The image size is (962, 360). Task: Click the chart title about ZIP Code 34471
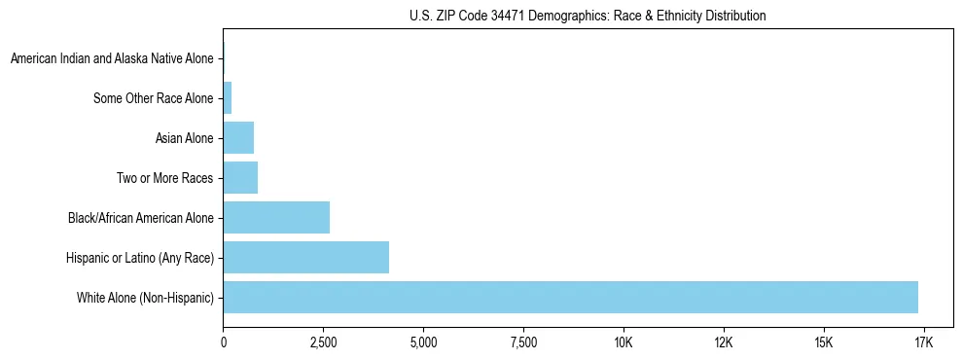pyautogui.click(x=587, y=16)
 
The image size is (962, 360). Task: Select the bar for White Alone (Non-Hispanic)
pyautogui.click(x=570, y=297)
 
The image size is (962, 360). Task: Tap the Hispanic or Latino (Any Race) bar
pyautogui.click(x=305, y=257)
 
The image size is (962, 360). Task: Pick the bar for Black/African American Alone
pyautogui.click(x=276, y=217)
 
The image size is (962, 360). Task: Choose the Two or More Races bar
pyautogui.click(x=240, y=177)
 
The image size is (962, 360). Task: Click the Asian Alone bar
pyautogui.click(x=238, y=138)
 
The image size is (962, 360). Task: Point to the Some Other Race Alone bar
pyautogui.click(x=228, y=97)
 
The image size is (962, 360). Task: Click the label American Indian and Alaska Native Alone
pyautogui.click(x=112, y=59)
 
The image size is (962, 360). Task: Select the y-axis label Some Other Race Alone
pyautogui.click(x=153, y=98)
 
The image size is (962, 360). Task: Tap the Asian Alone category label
pyautogui.click(x=184, y=138)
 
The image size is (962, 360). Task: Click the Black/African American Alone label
pyautogui.click(x=140, y=218)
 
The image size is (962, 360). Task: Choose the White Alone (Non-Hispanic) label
pyautogui.click(x=145, y=298)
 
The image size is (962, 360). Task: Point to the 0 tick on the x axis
pyautogui.click(x=224, y=342)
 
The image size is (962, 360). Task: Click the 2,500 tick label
pyautogui.click(x=324, y=342)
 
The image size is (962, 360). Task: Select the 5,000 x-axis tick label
pyautogui.click(x=423, y=342)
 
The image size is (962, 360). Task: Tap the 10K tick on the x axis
pyautogui.click(x=624, y=342)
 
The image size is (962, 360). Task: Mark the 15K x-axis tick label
pyautogui.click(x=824, y=342)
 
